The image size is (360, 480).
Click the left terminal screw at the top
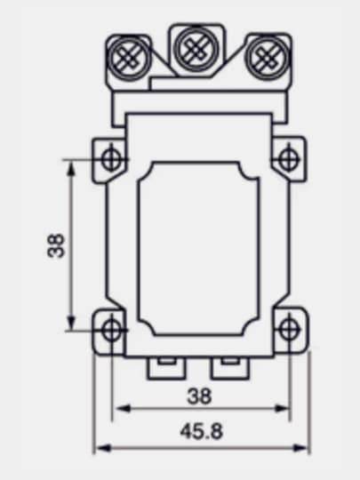(x=129, y=58)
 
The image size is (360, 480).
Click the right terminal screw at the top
(x=267, y=58)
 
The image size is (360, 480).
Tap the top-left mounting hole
(x=111, y=159)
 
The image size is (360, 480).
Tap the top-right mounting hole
(x=288, y=159)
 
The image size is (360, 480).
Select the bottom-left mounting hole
(x=111, y=330)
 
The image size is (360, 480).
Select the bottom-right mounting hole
(x=288, y=330)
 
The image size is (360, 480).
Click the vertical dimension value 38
(x=56, y=245)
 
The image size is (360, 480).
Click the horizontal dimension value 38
(x=199, y=396)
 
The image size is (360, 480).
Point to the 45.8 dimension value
(x=201, y=431)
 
